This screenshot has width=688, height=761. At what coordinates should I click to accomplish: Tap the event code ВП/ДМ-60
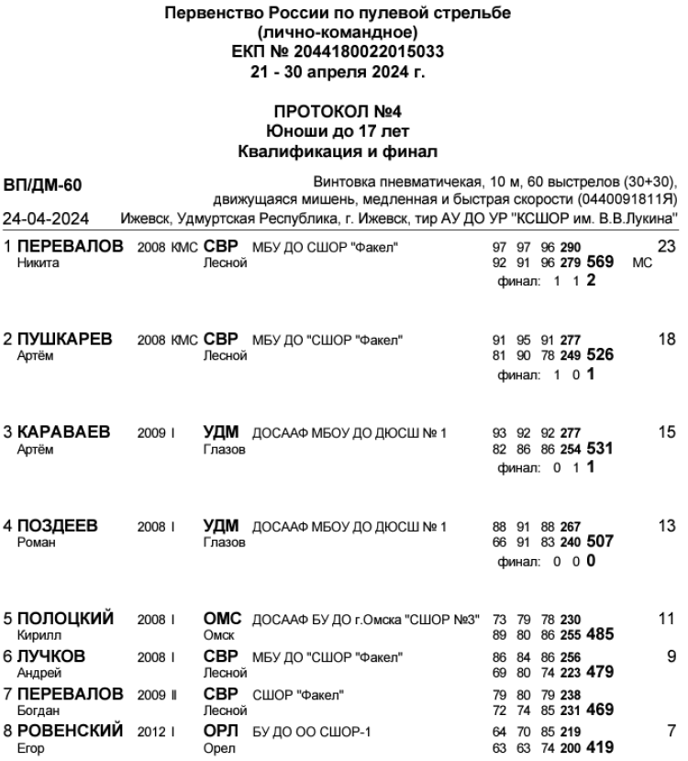(43, 186)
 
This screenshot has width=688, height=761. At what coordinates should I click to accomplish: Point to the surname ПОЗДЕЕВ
(57, 526)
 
